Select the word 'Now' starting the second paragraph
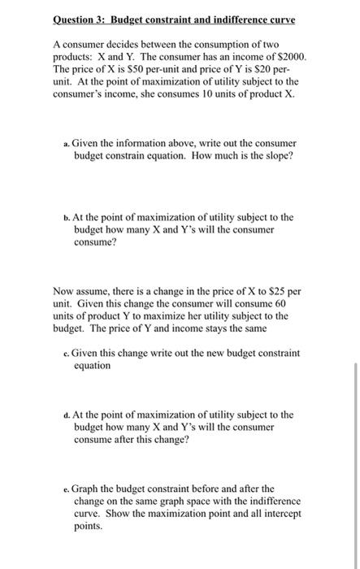pyautogui.click(x=64, y=290)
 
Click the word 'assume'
pyautogui.click(x=98, y=290)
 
